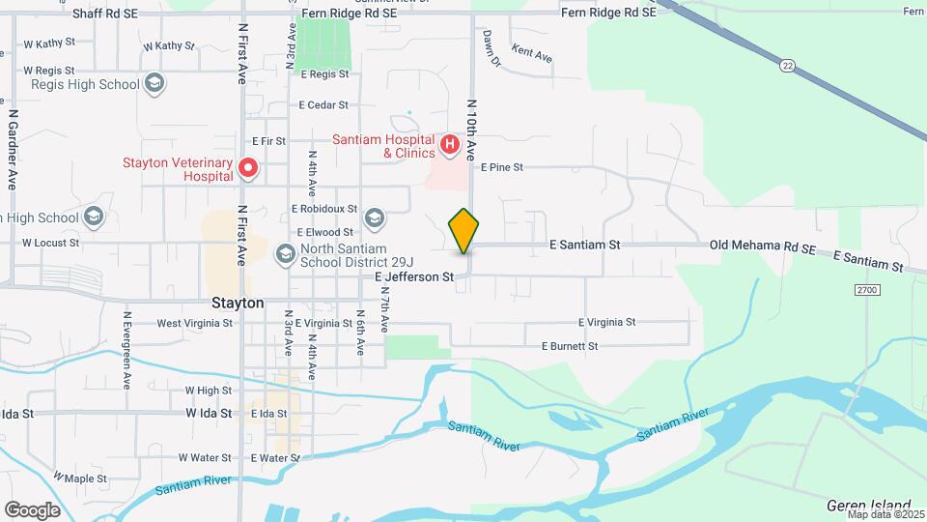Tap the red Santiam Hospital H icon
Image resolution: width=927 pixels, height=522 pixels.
(x=449, y=146)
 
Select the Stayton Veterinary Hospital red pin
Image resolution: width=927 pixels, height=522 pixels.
(x=247, y=169)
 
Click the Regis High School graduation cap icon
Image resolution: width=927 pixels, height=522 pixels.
(x=153, y=84)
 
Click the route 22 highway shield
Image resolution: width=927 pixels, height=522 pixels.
(x=787, y=65)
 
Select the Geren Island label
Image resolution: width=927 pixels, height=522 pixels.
(x=869, y=506)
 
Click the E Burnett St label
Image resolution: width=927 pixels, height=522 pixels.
(x=570, y=345)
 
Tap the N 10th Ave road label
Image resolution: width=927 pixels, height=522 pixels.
(x=472, y=130)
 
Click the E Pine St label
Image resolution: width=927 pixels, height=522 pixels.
(x=501, y=167)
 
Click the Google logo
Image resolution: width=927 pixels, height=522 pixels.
(x=32, y=509)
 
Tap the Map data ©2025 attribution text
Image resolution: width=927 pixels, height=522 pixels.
(x=885, y=514)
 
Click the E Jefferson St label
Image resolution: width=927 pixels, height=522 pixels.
(x=414, y=276)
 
